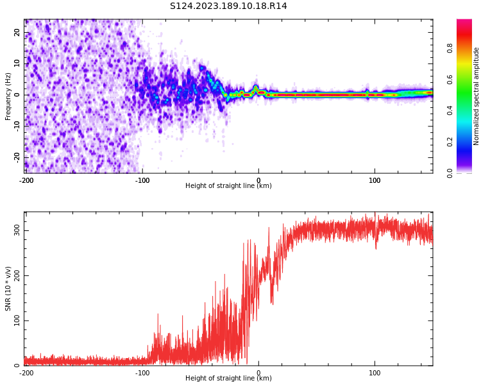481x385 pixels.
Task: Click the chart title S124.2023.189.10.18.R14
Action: pos(228,6)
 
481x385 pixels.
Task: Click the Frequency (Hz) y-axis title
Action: pos(8,96)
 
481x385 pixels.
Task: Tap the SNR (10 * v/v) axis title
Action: pos(8,289)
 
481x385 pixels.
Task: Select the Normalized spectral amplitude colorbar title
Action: pos(477,96)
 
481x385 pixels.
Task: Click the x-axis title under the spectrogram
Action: pos(228,186)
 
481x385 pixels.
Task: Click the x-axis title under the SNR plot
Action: pos(228,379)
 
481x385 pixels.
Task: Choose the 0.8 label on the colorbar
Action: pos(450,48)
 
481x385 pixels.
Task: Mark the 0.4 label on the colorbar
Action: pos(450,110)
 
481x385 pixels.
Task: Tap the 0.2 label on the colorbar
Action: pos(450,142)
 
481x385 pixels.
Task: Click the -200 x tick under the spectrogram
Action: pos(26,181)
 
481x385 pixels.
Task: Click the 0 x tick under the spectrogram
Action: pos(258,181)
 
